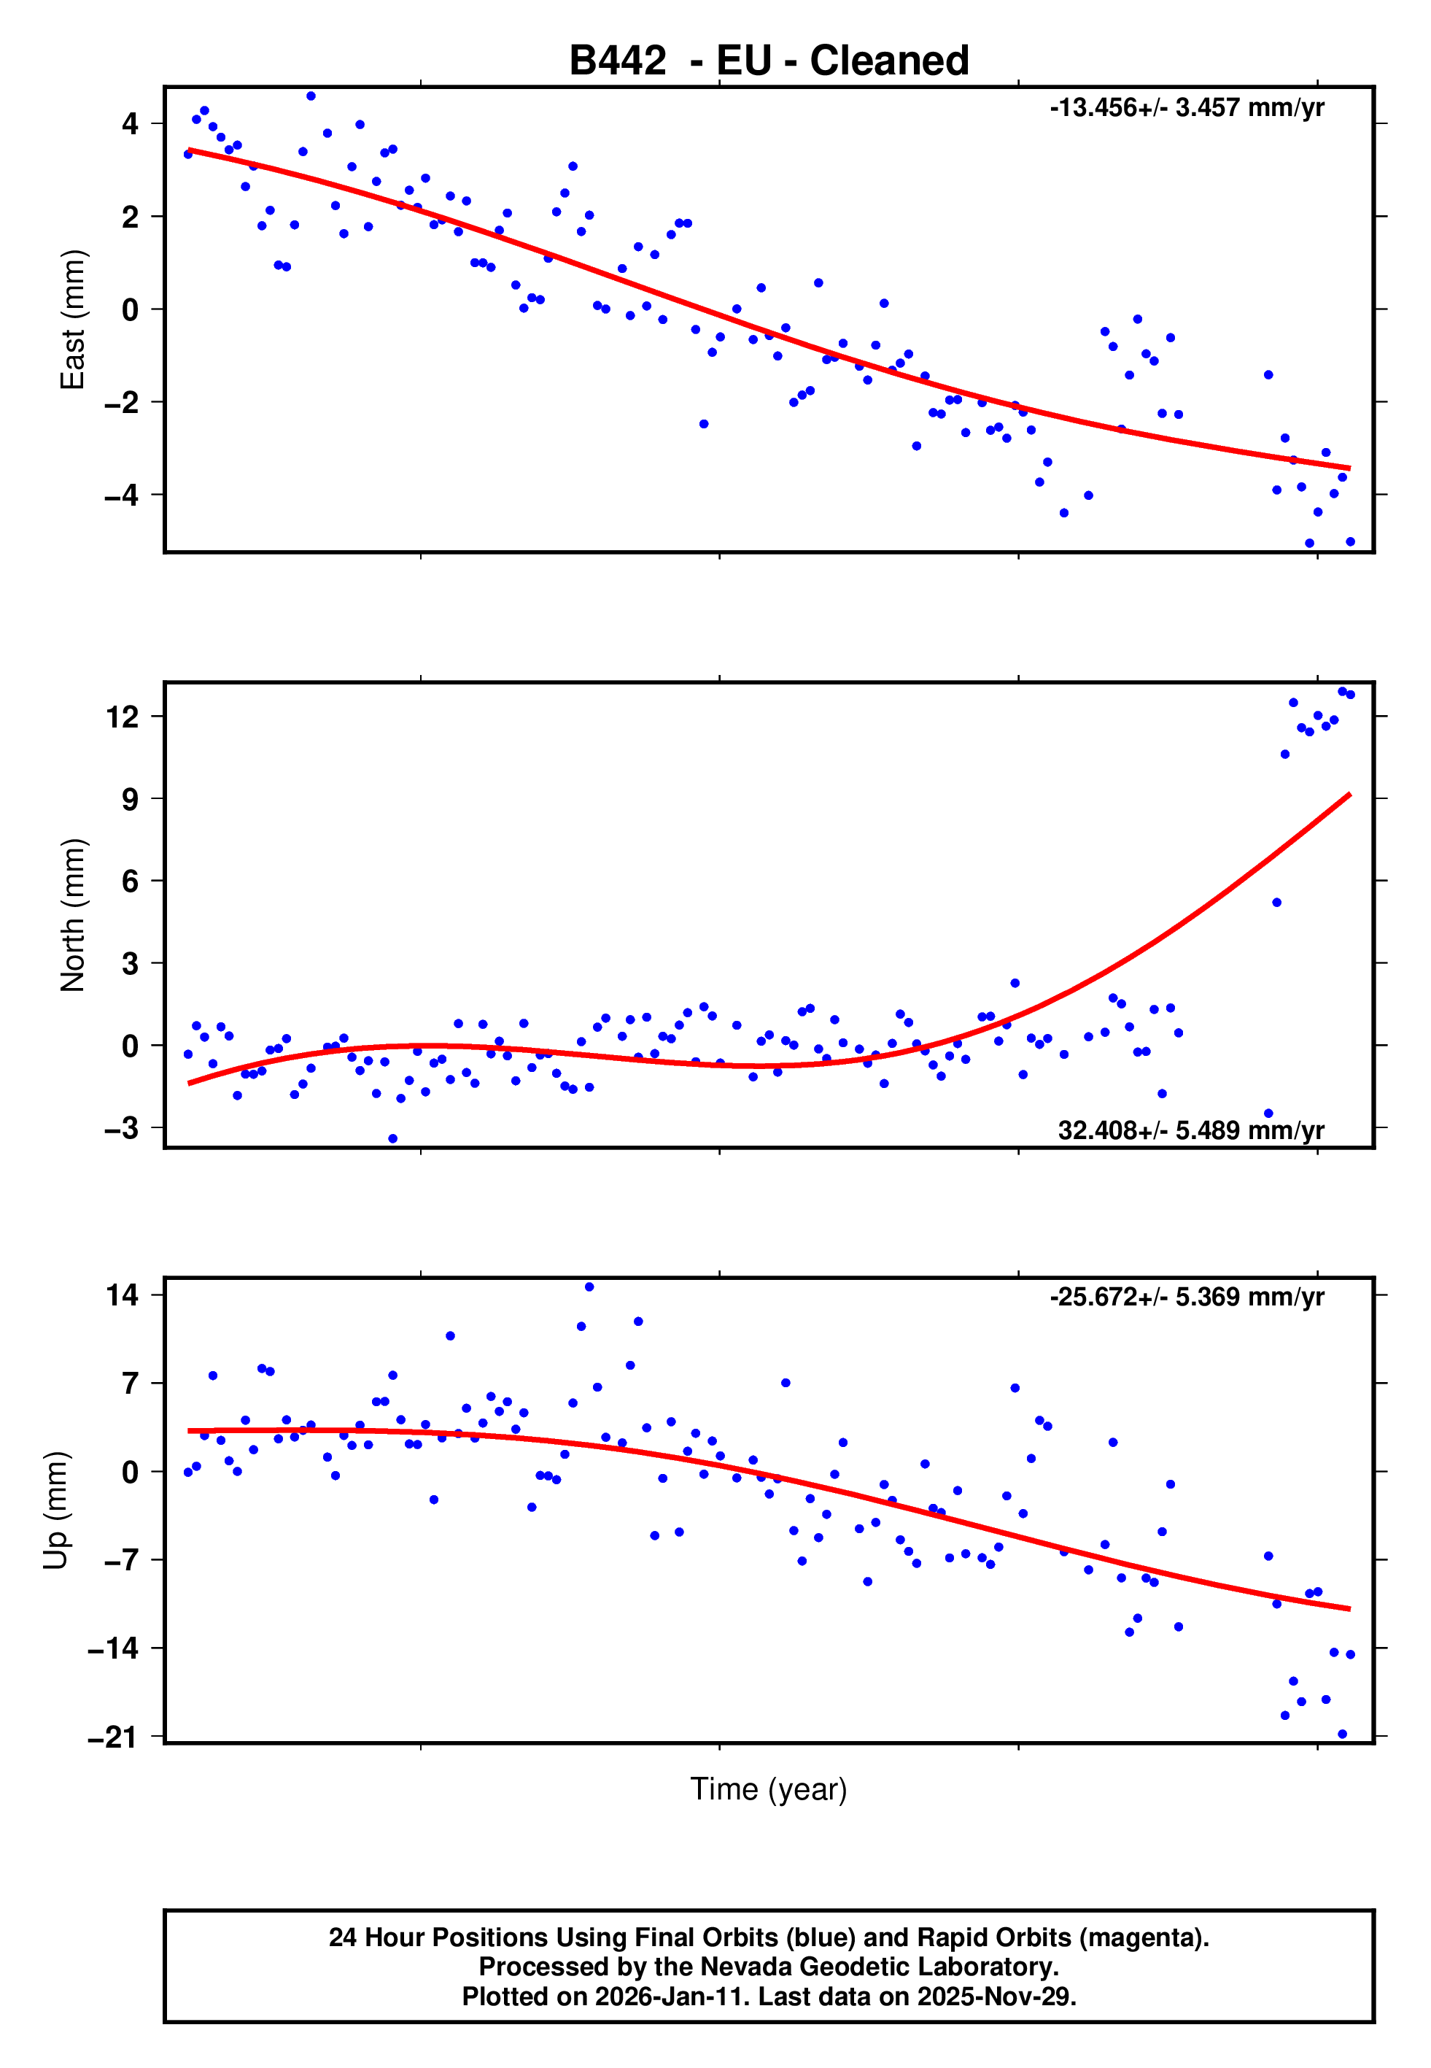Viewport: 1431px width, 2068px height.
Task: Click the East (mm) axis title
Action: [71, 320]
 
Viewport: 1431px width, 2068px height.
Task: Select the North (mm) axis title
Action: [71, 915]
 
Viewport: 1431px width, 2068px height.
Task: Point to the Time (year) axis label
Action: [769, 1789]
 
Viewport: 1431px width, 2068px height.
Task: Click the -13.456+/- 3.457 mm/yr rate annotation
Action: [1186, 107]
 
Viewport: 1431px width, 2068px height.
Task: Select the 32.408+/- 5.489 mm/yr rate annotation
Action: [1191, 1130]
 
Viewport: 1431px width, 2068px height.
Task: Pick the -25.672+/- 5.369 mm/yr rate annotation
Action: [1186, 1297]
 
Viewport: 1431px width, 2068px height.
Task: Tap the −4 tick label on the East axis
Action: [122, 495]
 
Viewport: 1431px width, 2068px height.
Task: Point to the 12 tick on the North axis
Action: [123, 717]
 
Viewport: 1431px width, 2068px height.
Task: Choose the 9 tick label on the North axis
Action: [131, 799]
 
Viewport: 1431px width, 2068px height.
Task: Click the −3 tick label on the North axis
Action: [122, 1128]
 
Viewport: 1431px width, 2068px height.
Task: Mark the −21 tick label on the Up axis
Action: [114, 1738]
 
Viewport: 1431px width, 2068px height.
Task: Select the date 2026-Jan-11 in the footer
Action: [660, 1996]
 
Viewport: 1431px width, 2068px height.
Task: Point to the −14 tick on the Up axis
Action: [114, 1648]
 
